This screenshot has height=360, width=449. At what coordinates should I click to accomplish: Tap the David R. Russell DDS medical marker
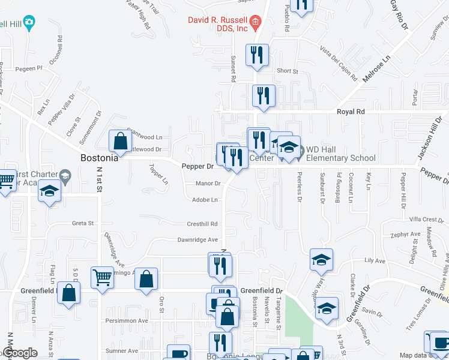(255, 23)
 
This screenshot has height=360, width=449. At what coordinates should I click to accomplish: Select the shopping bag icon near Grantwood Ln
(120, 141)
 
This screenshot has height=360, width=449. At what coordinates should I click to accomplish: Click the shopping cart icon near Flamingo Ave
(102, 278)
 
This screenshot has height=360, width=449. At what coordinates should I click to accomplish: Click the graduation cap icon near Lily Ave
(321, 260)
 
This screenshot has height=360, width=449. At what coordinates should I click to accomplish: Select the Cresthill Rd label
(202, 224)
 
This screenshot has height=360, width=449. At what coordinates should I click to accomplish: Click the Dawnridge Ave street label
(197, 240)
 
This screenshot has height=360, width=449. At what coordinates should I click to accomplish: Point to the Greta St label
(83, 223)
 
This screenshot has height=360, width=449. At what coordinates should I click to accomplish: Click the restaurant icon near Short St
(257, 55)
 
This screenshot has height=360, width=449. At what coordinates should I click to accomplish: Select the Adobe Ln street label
(205, 200)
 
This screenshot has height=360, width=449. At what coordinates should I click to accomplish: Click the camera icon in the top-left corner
(28, 23)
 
